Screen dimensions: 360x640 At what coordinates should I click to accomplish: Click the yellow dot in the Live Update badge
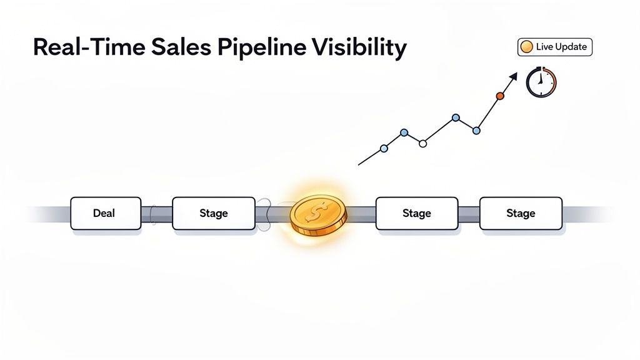526,47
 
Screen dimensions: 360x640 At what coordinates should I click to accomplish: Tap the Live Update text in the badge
561,47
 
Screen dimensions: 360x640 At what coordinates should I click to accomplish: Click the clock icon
541,82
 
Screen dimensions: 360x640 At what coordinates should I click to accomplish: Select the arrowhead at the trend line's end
513,76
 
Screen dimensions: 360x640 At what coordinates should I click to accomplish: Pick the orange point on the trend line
499,96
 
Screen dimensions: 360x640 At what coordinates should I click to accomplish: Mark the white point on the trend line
422,143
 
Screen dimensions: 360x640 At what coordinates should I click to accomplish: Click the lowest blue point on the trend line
384,148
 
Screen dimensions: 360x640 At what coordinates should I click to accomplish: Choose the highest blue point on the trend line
456,117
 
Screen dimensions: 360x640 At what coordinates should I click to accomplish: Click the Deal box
105,213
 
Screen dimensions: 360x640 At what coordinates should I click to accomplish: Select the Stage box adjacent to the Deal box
213,213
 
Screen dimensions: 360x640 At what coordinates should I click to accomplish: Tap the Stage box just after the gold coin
416,213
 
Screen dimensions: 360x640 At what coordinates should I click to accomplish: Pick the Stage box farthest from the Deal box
520,213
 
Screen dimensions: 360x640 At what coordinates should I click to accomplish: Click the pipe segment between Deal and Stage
156,213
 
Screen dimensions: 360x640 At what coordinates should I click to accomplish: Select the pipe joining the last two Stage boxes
468,213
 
